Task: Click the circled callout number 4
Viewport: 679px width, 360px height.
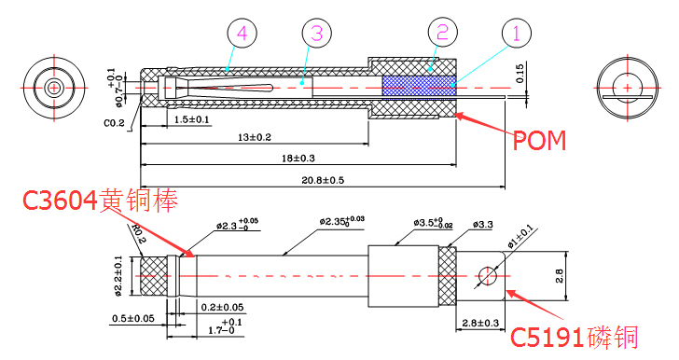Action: click(x=242, y=35)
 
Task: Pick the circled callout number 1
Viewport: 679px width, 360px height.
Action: click(x=516, y=35)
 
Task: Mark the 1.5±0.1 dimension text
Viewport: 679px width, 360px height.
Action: click(x=192, y=120)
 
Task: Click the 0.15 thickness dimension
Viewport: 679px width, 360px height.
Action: click(x=520, y=72)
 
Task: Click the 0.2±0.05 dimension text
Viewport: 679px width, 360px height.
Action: click(x=223, y=307)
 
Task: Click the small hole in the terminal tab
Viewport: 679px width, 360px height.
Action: click(x=488, y=275)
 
